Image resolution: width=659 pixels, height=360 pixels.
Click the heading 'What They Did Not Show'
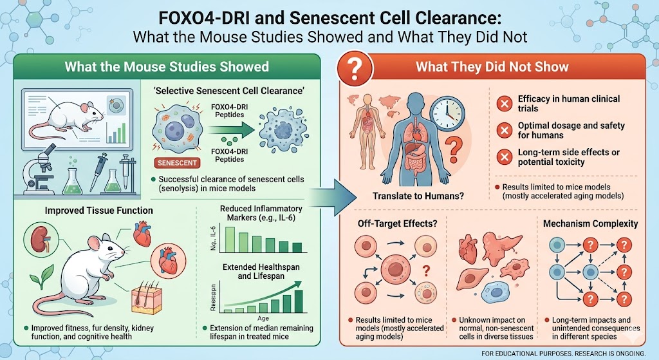[x=492, y=67]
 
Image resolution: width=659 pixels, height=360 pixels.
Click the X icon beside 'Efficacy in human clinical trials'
[x=505, y=104]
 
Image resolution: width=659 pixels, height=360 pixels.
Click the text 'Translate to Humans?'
[x=409, y=195]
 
